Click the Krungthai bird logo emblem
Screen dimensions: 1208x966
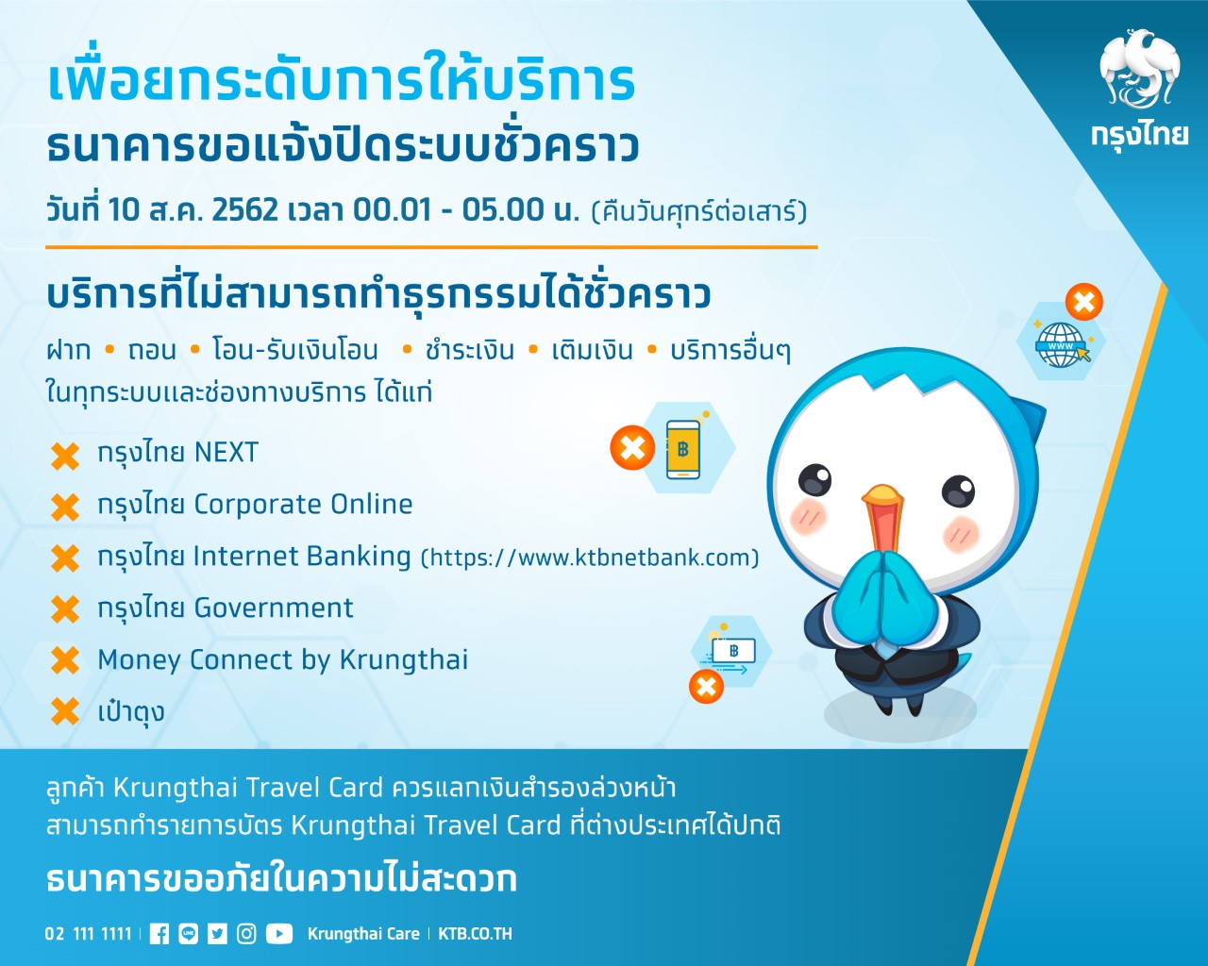click(1139, 70)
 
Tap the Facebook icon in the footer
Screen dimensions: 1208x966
click(159, 934)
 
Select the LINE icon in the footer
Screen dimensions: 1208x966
click(189, 934)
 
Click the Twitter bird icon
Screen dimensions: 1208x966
click(217, 934)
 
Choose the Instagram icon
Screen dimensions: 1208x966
click(246, 934)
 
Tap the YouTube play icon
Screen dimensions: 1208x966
click(279, 934)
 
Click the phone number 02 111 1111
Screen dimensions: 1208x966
click(88, 934)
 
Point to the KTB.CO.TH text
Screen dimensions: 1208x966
click(475, 934)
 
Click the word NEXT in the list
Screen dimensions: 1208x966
click(226, 453)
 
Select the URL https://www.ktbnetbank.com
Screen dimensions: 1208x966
click(590, 558)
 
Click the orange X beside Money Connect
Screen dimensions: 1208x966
click(65, 660)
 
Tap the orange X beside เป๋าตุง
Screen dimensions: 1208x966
click(65, 711)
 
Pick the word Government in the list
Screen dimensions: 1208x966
click(274, 608)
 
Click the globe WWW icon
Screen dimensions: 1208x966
click(1061, 344)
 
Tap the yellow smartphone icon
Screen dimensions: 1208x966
click(683, 450)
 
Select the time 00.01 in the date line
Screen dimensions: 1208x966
click(393, 210)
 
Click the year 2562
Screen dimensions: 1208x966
click(245, 210)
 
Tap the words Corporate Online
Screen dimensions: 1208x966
click(303, 505)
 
